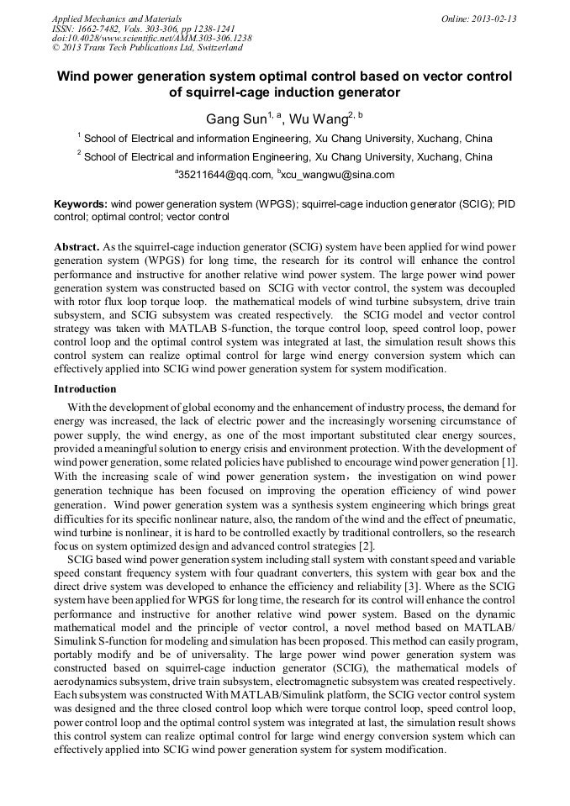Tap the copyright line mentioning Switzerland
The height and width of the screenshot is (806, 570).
[x=147, y=48]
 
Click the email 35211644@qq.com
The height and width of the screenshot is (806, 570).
[x=225, y=175]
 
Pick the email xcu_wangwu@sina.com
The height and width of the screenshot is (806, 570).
[x=340, y=175]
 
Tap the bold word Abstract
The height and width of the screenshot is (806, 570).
[x=77, y=249]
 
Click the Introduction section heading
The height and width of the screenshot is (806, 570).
[x=86, y=389]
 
